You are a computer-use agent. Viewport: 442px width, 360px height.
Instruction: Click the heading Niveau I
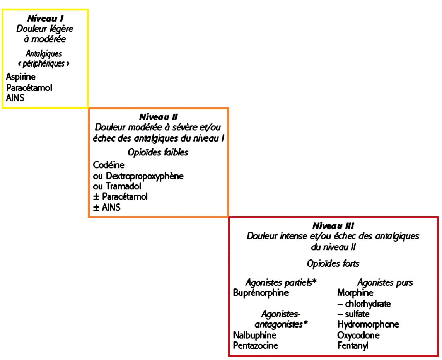click(x=45, y=19)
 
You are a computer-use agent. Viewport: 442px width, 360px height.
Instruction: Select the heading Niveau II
click(x=159, y=117)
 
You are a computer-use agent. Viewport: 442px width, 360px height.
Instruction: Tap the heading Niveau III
click(x=333, y=226)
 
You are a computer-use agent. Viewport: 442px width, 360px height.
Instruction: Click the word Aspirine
click(x=20, y=77)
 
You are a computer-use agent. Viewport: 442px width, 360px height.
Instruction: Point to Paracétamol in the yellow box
click(x=29, y=88)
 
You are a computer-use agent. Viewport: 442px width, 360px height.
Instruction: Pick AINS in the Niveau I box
click(x=15, y=98)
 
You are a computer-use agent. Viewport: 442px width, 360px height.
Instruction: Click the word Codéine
click(x=109, y=165)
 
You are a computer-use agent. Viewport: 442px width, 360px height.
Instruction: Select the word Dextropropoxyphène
click(x=145, y=176)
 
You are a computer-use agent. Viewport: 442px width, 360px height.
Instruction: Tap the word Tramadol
click(x=123, y=186)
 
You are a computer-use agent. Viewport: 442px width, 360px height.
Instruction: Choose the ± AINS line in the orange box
click(x=107, y=208)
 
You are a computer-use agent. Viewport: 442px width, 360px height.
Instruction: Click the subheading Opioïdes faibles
click(x=158, y=152)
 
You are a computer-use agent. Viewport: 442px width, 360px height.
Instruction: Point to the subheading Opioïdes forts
click(x=333, y=264)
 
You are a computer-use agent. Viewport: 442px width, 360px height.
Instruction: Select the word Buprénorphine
click(x=261, y=293)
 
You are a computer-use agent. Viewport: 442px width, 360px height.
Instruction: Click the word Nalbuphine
click(x=254, y=335)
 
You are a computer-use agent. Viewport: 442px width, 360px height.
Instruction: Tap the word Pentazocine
click(x=255, y=346)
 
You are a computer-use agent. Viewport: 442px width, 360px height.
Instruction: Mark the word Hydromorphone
click(x=368, y=324)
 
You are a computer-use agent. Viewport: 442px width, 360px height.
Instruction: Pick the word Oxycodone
click(x=358, y=335)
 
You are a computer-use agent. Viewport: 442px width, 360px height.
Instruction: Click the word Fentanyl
click(x=353, y=346)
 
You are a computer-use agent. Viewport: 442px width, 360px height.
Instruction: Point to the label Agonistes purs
click(x=385, y=283)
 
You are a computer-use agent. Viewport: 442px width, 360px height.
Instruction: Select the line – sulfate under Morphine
click(x=353, y=314)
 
